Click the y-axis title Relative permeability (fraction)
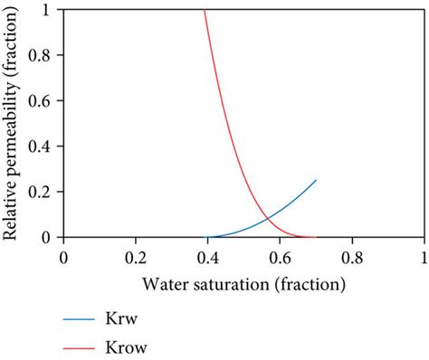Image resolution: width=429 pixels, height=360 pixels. coord(12,122)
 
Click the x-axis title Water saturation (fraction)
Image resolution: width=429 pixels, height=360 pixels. coord(243,285)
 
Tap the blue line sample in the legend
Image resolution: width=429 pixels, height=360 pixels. coord(82,319)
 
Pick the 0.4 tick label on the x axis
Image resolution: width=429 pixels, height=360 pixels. coord(207,257)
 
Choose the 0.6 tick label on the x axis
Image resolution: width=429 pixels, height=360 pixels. coord(280,257)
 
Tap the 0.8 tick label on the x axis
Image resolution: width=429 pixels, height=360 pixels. coord(352,257)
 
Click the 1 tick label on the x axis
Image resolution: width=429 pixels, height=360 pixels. coord(424,257)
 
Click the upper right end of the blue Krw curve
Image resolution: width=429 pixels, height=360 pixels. coord(316,180)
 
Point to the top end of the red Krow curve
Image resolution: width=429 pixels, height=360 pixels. coord(205,10)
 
